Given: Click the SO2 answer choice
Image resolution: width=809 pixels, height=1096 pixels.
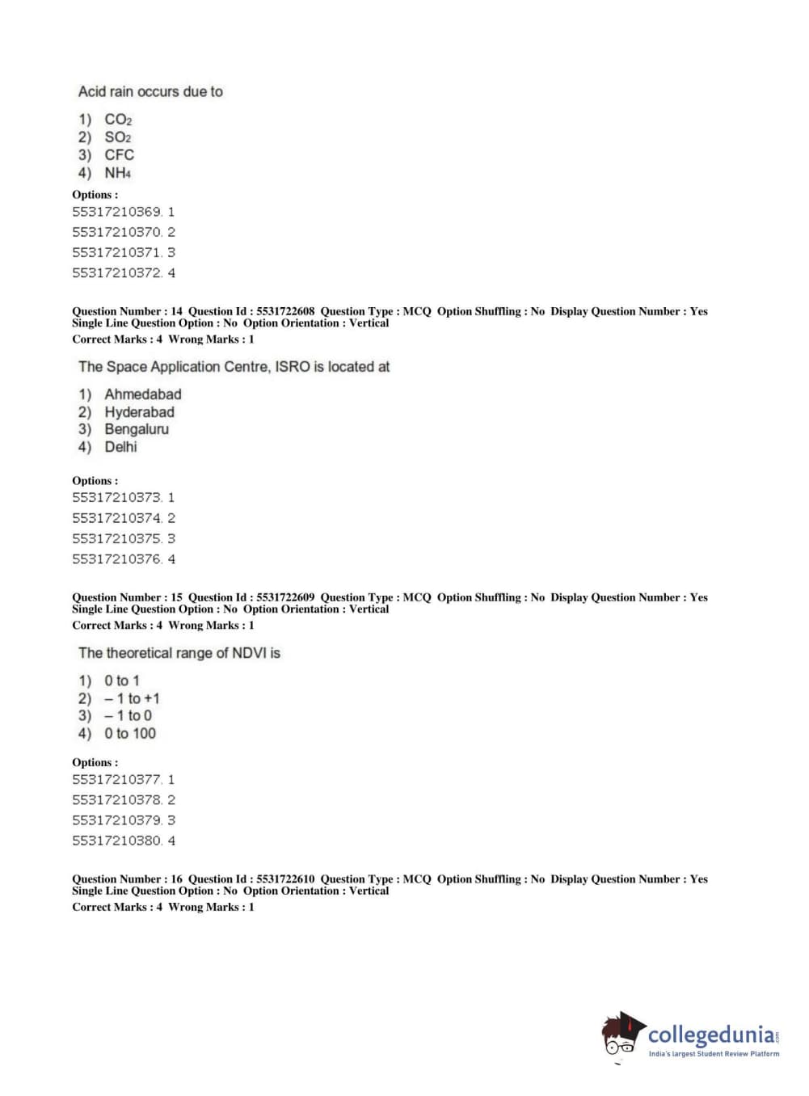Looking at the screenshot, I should [x=117, y=137].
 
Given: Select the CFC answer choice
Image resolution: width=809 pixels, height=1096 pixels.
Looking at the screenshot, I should [x=119, y=155].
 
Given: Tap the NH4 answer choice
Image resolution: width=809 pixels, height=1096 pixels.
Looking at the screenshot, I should [x=117, y=173].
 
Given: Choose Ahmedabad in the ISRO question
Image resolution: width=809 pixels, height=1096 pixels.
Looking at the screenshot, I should [x=142, y=394].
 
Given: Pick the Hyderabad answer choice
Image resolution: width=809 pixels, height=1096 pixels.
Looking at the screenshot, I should [x=139, y=412].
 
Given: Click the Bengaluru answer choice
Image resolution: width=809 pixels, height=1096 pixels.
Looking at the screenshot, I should [x=137, y=429].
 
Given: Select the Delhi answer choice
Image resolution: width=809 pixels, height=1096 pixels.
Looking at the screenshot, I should [x=120, y=447].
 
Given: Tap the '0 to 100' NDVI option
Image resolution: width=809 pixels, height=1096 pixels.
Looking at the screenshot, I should [x=129, y=734].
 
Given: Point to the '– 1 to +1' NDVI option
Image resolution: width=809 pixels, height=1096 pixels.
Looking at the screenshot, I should [x=132, y=698].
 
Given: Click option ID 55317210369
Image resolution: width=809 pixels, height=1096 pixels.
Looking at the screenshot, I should [x=123, y=212].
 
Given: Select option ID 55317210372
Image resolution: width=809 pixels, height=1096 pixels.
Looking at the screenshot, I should [x=123, y=273].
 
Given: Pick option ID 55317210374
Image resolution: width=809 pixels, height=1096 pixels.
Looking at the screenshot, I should [x=123, y=518].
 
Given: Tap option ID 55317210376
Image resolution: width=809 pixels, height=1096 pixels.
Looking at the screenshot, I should [x=123, y=559].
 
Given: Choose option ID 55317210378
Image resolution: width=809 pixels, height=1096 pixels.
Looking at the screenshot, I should [x=123, y=800].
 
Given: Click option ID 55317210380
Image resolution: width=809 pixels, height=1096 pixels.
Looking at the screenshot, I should [x=123, y=841].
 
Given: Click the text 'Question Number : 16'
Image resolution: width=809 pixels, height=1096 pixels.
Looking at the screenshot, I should [x=127, y=879].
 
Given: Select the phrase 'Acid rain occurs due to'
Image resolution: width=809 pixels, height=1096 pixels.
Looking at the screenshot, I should [x=150, y=92].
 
